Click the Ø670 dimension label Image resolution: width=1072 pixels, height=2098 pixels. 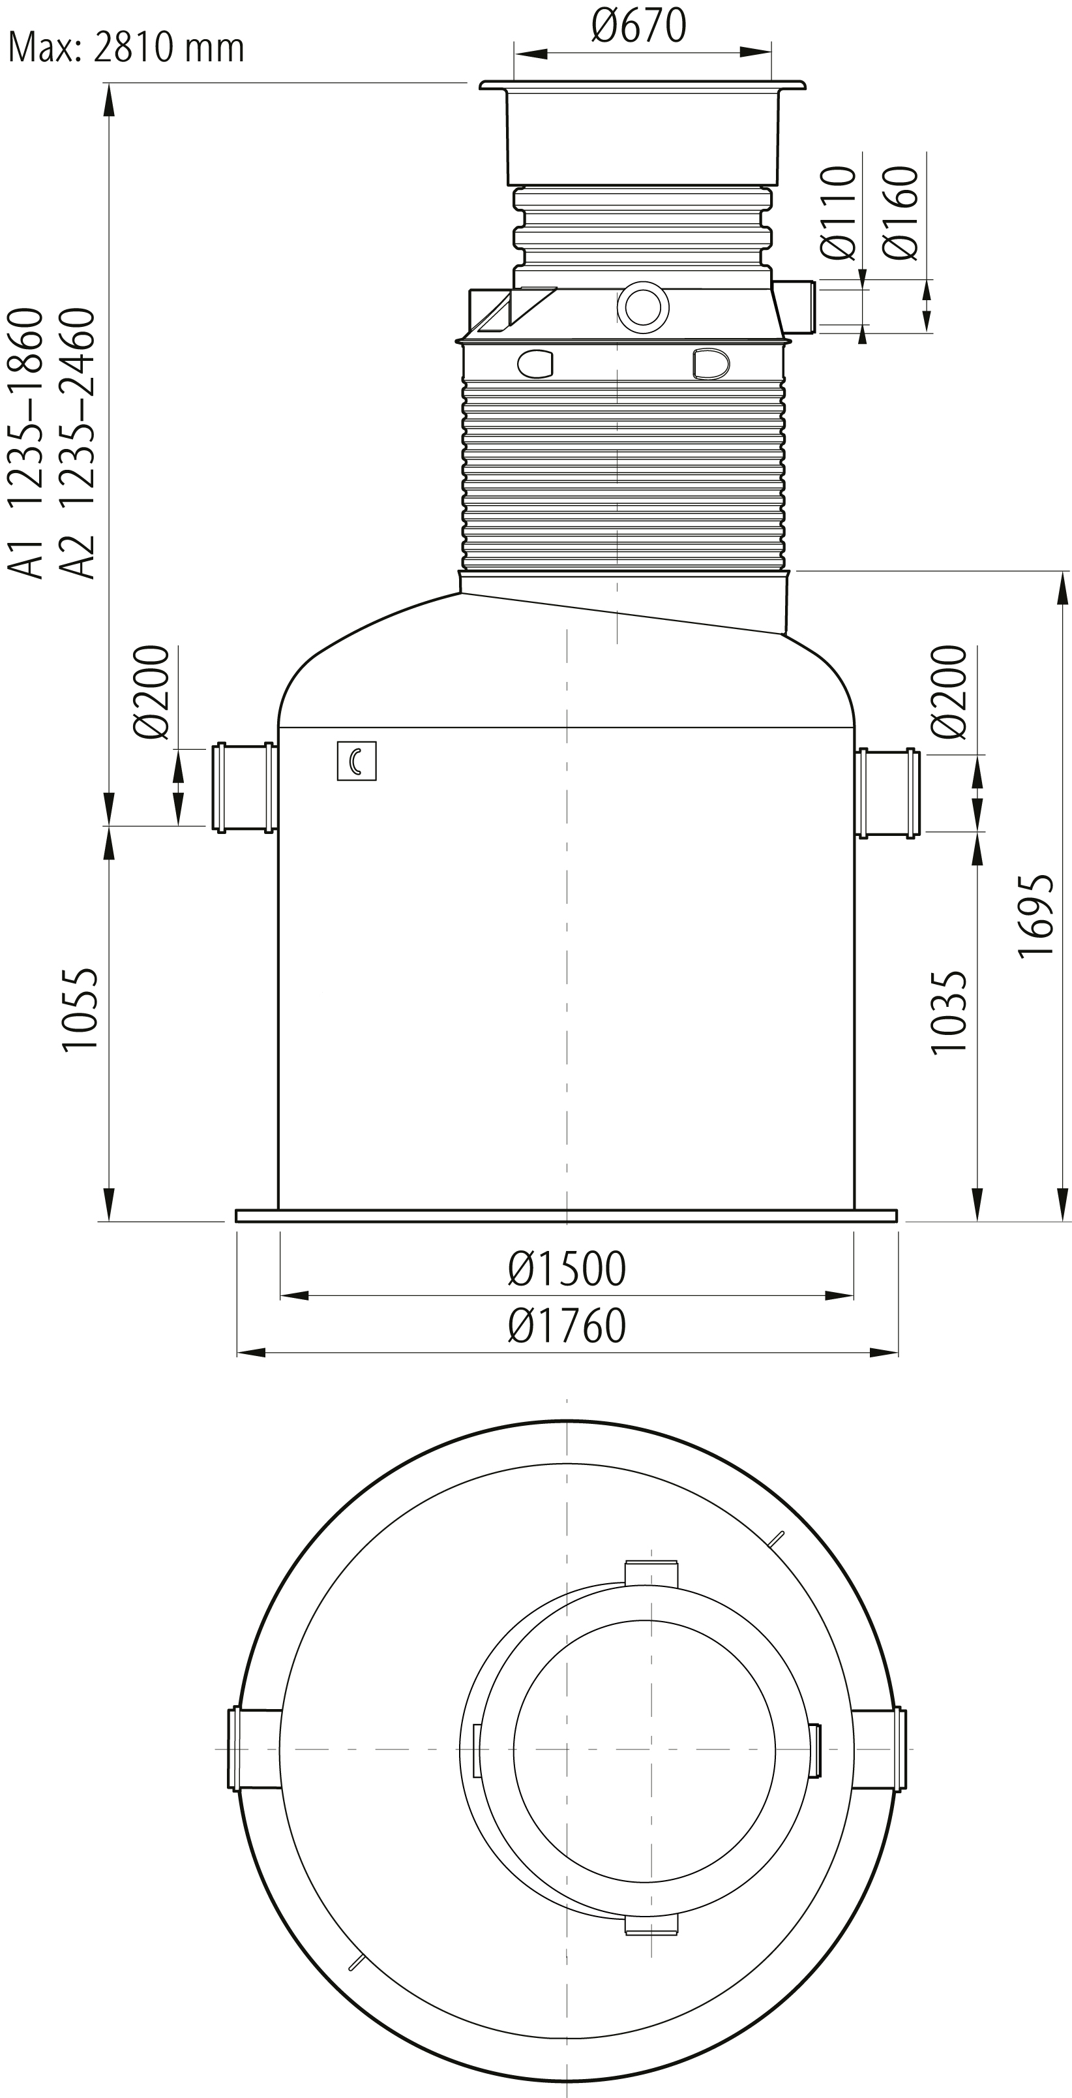point(639,25)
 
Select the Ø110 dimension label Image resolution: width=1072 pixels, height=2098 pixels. point(839,213)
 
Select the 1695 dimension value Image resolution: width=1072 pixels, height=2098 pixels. point(1036,916)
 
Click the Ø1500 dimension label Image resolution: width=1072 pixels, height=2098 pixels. point(567,1268)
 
